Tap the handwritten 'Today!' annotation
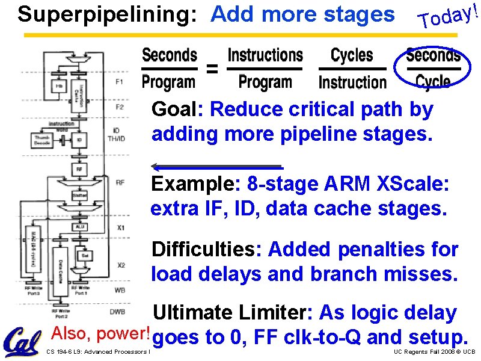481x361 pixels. pyautogui.click(x=450, y=15)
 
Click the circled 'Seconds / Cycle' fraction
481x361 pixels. pyautogui.click(x=433, y=68)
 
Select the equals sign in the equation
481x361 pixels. pyautogui.click(x=212, y=69)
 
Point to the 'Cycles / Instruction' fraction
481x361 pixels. pyautogui.click(x=352, y=69)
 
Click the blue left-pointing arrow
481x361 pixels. pyautogui.click(x=216, y=167)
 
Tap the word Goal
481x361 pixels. pyautogui.click(x=176, y=110)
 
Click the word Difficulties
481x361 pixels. pyautogui.click(x=206, y=248)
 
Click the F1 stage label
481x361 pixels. pyautogui.click(x=119, y=81)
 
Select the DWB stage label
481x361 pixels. pyautogui.click(x=118, y=311)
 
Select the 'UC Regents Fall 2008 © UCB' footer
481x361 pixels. pyautogui.click(x=434, y=351)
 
